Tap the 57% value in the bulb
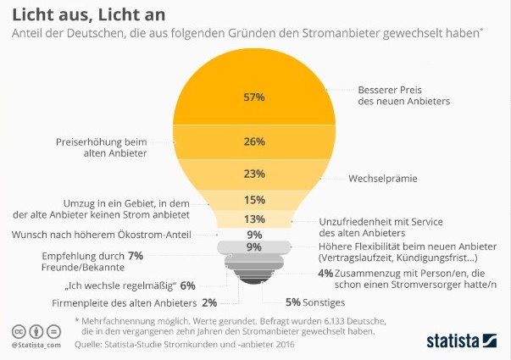254,97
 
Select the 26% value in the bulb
254,141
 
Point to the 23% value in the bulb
254,173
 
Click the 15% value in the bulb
254,200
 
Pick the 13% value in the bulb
254,219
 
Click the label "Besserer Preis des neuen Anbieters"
403,95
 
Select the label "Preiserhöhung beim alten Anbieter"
101,148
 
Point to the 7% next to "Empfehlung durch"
135,255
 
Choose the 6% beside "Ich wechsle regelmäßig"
187,285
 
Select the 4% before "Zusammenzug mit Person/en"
325,273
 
